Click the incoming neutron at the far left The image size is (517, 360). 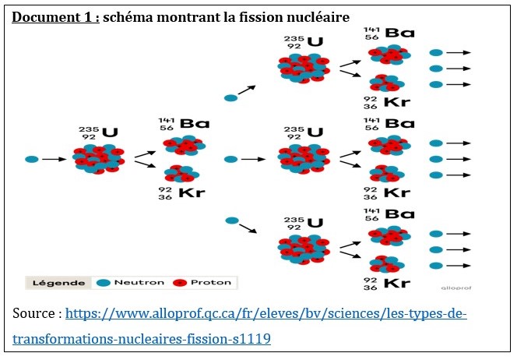point(31,159)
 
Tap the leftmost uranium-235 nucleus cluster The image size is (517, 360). point(97,158)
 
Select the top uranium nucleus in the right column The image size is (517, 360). point(304,68)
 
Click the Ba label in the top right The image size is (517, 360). point(399,34)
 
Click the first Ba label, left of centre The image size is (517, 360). point(195,123)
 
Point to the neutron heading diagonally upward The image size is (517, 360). point(230,98)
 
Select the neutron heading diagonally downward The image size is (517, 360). point(230,221)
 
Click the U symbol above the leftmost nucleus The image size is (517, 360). point(110,132)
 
